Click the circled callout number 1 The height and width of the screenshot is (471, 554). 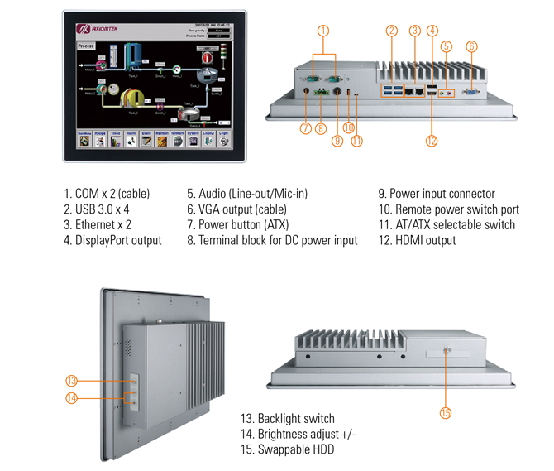point(323,31)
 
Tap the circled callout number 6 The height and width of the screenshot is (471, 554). point(471,46)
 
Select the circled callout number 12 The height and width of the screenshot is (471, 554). point(431,141)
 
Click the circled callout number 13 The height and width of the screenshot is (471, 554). point(72,381)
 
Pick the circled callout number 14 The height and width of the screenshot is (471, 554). point(72,399)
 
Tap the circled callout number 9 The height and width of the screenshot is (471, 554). point(337,140)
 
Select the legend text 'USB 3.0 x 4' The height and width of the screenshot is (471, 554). point(97,209)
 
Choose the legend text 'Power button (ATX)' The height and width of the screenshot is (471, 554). point(238,224)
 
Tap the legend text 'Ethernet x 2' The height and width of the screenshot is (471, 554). point(98,224)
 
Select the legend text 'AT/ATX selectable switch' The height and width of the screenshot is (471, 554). point(447,224)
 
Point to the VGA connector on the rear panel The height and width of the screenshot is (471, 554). point(474,94)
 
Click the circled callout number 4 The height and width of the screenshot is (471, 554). point(432,31)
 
